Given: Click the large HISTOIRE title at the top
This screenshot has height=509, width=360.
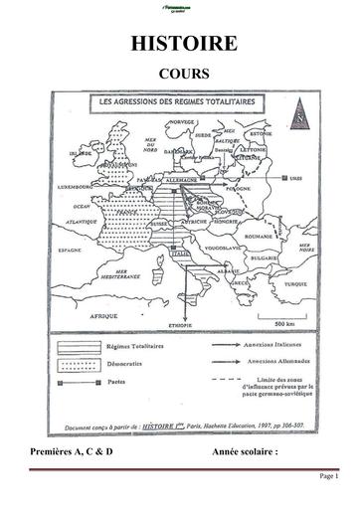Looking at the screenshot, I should point(179,44).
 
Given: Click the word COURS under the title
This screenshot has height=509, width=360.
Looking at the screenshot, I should point(179,74).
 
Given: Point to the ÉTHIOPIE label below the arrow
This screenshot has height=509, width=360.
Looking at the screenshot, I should point(180,326).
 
